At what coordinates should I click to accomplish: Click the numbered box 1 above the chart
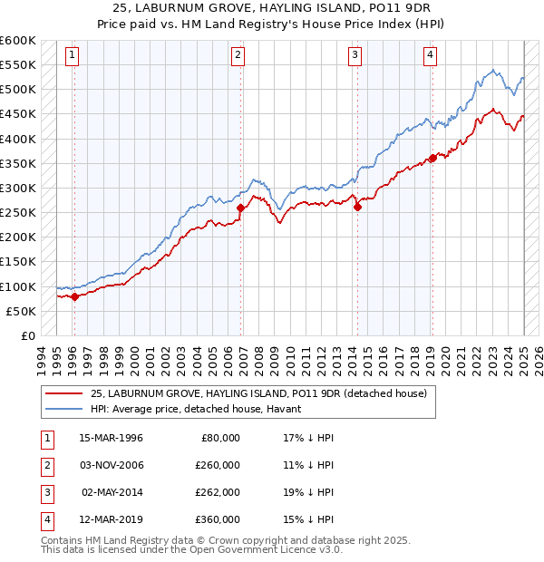[x=72, y=55]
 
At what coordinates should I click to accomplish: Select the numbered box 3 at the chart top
[x=355, y=55]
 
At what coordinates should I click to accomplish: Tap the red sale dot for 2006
[x=240, y=208]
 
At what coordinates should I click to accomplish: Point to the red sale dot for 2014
[x=357, y=207]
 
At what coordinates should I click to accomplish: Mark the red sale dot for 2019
[x=432, y=159]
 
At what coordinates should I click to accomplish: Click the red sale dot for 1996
[x=74, y=296]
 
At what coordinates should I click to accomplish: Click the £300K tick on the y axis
[x=18, y=188]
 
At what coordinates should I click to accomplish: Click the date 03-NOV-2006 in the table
[x=112, y=465]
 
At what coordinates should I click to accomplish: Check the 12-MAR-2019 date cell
[x=112, y=519]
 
